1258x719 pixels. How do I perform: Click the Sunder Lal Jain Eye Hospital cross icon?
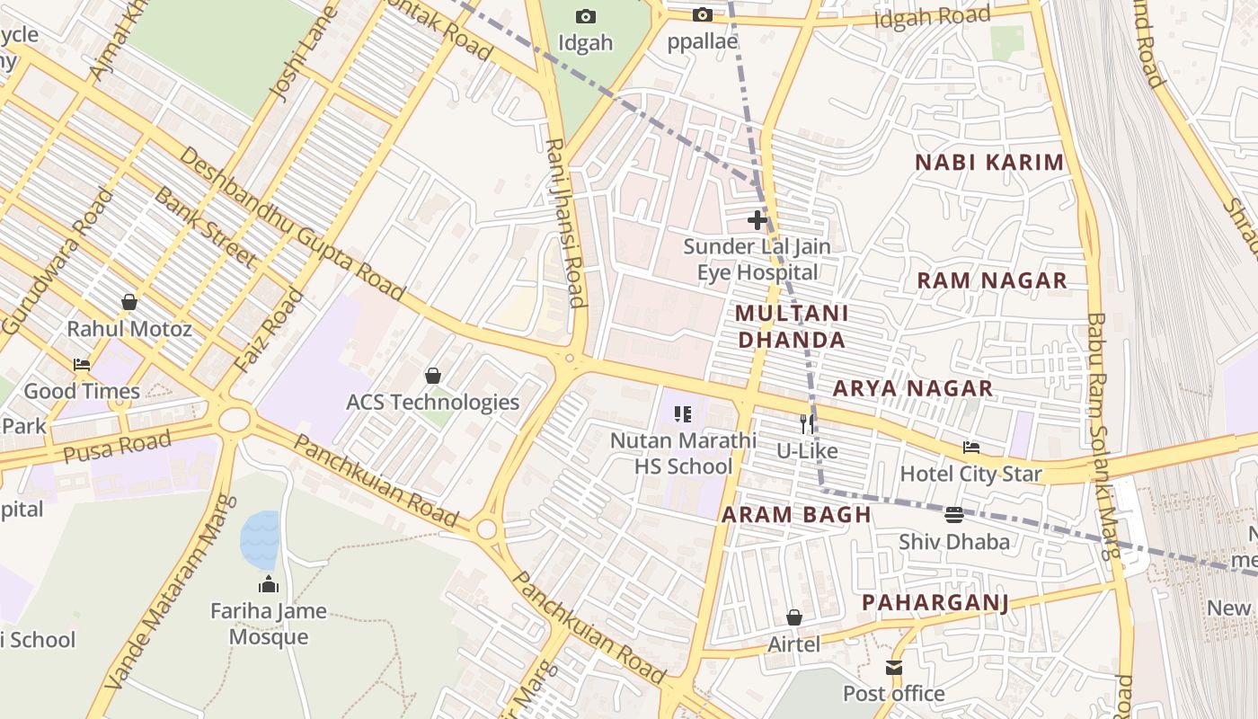(x=757, y=219)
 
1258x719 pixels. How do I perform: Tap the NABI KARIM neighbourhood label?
(x=989, y=163)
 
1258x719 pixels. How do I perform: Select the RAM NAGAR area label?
(x=992, y=280)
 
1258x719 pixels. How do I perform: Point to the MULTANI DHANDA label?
(x=791, y=326)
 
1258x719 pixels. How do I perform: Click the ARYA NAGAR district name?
(x=913, y=388)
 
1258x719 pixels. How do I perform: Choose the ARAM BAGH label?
(x=796, y=515)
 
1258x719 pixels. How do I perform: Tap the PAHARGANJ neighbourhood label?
(x=935, y=602)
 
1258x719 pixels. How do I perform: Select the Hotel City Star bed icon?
(x=971, y=448)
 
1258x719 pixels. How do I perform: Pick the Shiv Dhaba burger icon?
(x=954, y=515)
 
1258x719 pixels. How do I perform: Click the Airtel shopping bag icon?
(x=794, y=617)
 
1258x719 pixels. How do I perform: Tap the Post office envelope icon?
(x=894, y=668)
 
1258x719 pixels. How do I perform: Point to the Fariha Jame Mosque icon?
(x=269, y=585)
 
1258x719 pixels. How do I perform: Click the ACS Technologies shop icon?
(x=433, y=376)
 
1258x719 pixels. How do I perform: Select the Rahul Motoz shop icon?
(x=129, y=302)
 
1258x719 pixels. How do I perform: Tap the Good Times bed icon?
(x=82, y=365)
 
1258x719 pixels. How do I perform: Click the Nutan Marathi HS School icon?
(x=683, y=414)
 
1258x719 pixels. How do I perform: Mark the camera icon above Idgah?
(x=586, y=16)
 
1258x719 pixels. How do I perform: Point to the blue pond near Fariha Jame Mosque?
(x=260, y=539)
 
